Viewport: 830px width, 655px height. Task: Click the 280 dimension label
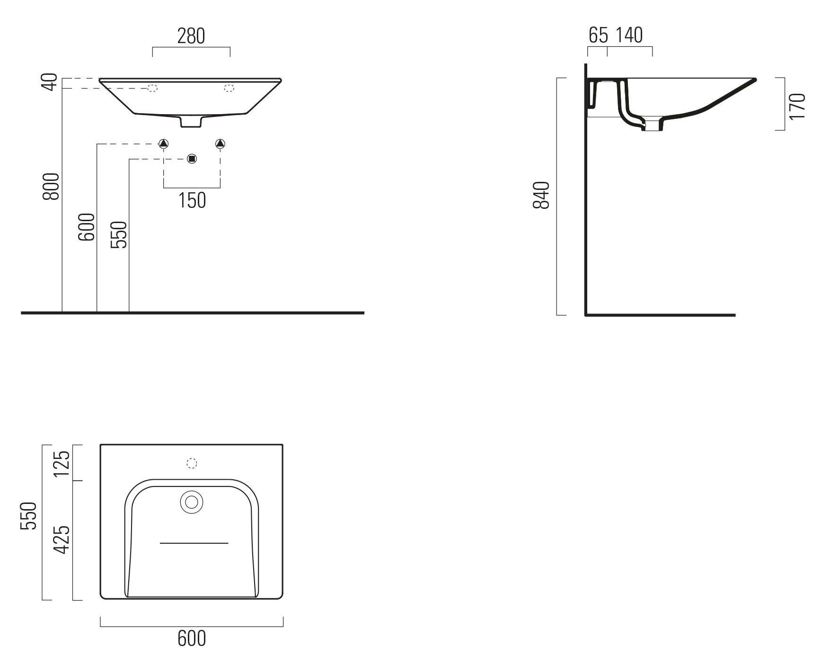point(191,36)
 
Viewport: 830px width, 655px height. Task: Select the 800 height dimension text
point(52,186)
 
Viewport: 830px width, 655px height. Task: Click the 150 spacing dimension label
point(192,200)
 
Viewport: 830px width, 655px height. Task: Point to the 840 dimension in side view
point(541,195)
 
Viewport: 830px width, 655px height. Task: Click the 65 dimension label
point(598,35)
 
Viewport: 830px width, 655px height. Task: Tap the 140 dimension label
point(629,35)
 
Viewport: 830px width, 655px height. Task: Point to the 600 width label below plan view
point(192,638)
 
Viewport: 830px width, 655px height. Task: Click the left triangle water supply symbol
point(163,143)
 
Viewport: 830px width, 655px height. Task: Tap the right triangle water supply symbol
point(220,143)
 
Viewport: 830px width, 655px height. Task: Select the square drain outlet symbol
point(192,159)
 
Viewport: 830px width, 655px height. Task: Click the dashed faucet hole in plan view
point(192,464)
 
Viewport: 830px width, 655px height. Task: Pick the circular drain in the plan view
point(192,502)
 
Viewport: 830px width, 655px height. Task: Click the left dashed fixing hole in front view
point(152,88)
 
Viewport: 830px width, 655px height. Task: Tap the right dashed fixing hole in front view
point(229,88)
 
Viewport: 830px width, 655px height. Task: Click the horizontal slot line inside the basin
point(194,543)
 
